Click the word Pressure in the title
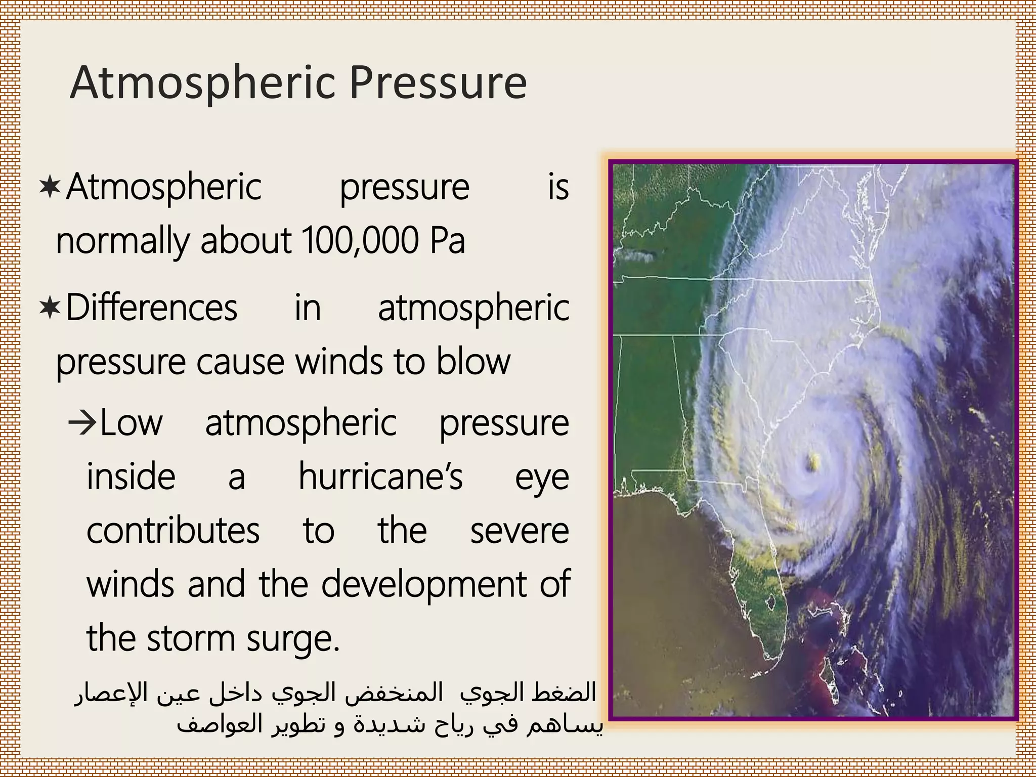[438, 83]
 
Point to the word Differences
[152, 308]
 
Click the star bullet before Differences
[50, 308]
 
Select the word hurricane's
[380, 477]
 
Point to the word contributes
[173, 531]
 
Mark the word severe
[520, 531]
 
